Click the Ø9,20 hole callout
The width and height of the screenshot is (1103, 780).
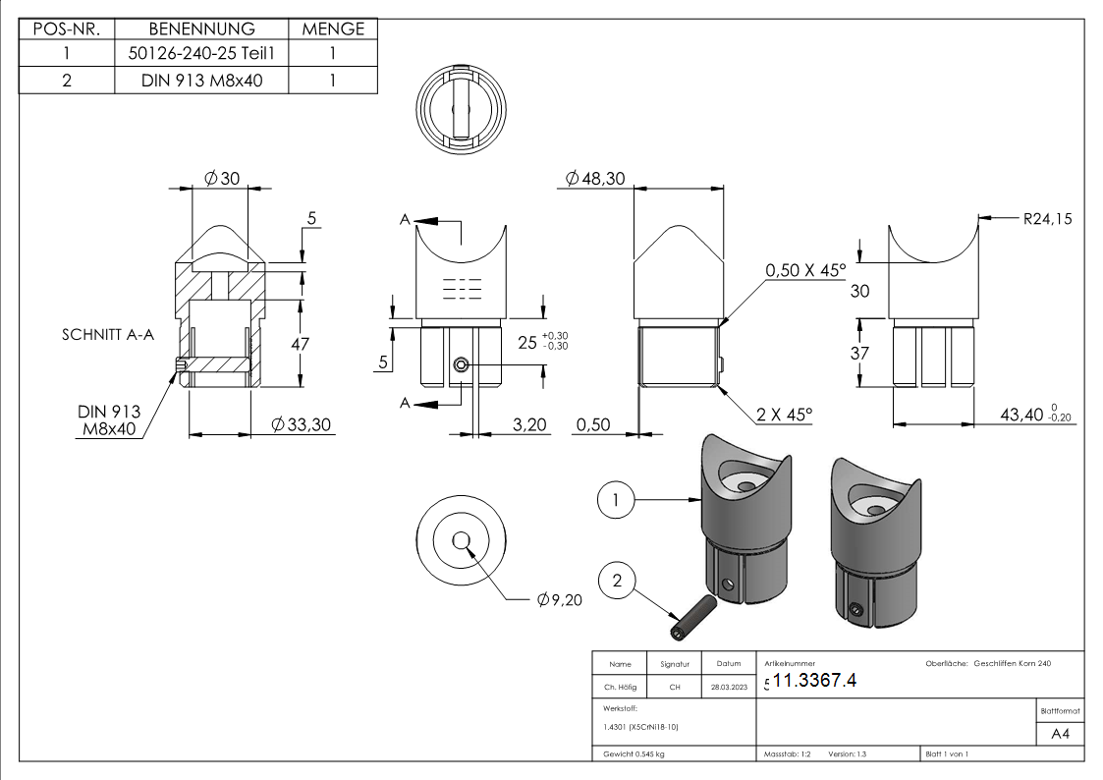click(x=560, y=600)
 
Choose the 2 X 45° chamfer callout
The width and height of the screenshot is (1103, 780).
click(x=785, y=416)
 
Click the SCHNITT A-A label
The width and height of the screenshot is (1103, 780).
click(x=107, y=335)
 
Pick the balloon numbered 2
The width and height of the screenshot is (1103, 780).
click(x=616, y=582)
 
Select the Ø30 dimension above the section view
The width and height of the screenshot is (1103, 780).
click(x=221, y=178)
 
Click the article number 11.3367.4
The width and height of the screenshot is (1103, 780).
click(x=815, y=681)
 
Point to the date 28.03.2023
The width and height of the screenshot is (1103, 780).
click(x=729, y=688)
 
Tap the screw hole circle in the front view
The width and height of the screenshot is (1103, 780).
click(x=461, y=364)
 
